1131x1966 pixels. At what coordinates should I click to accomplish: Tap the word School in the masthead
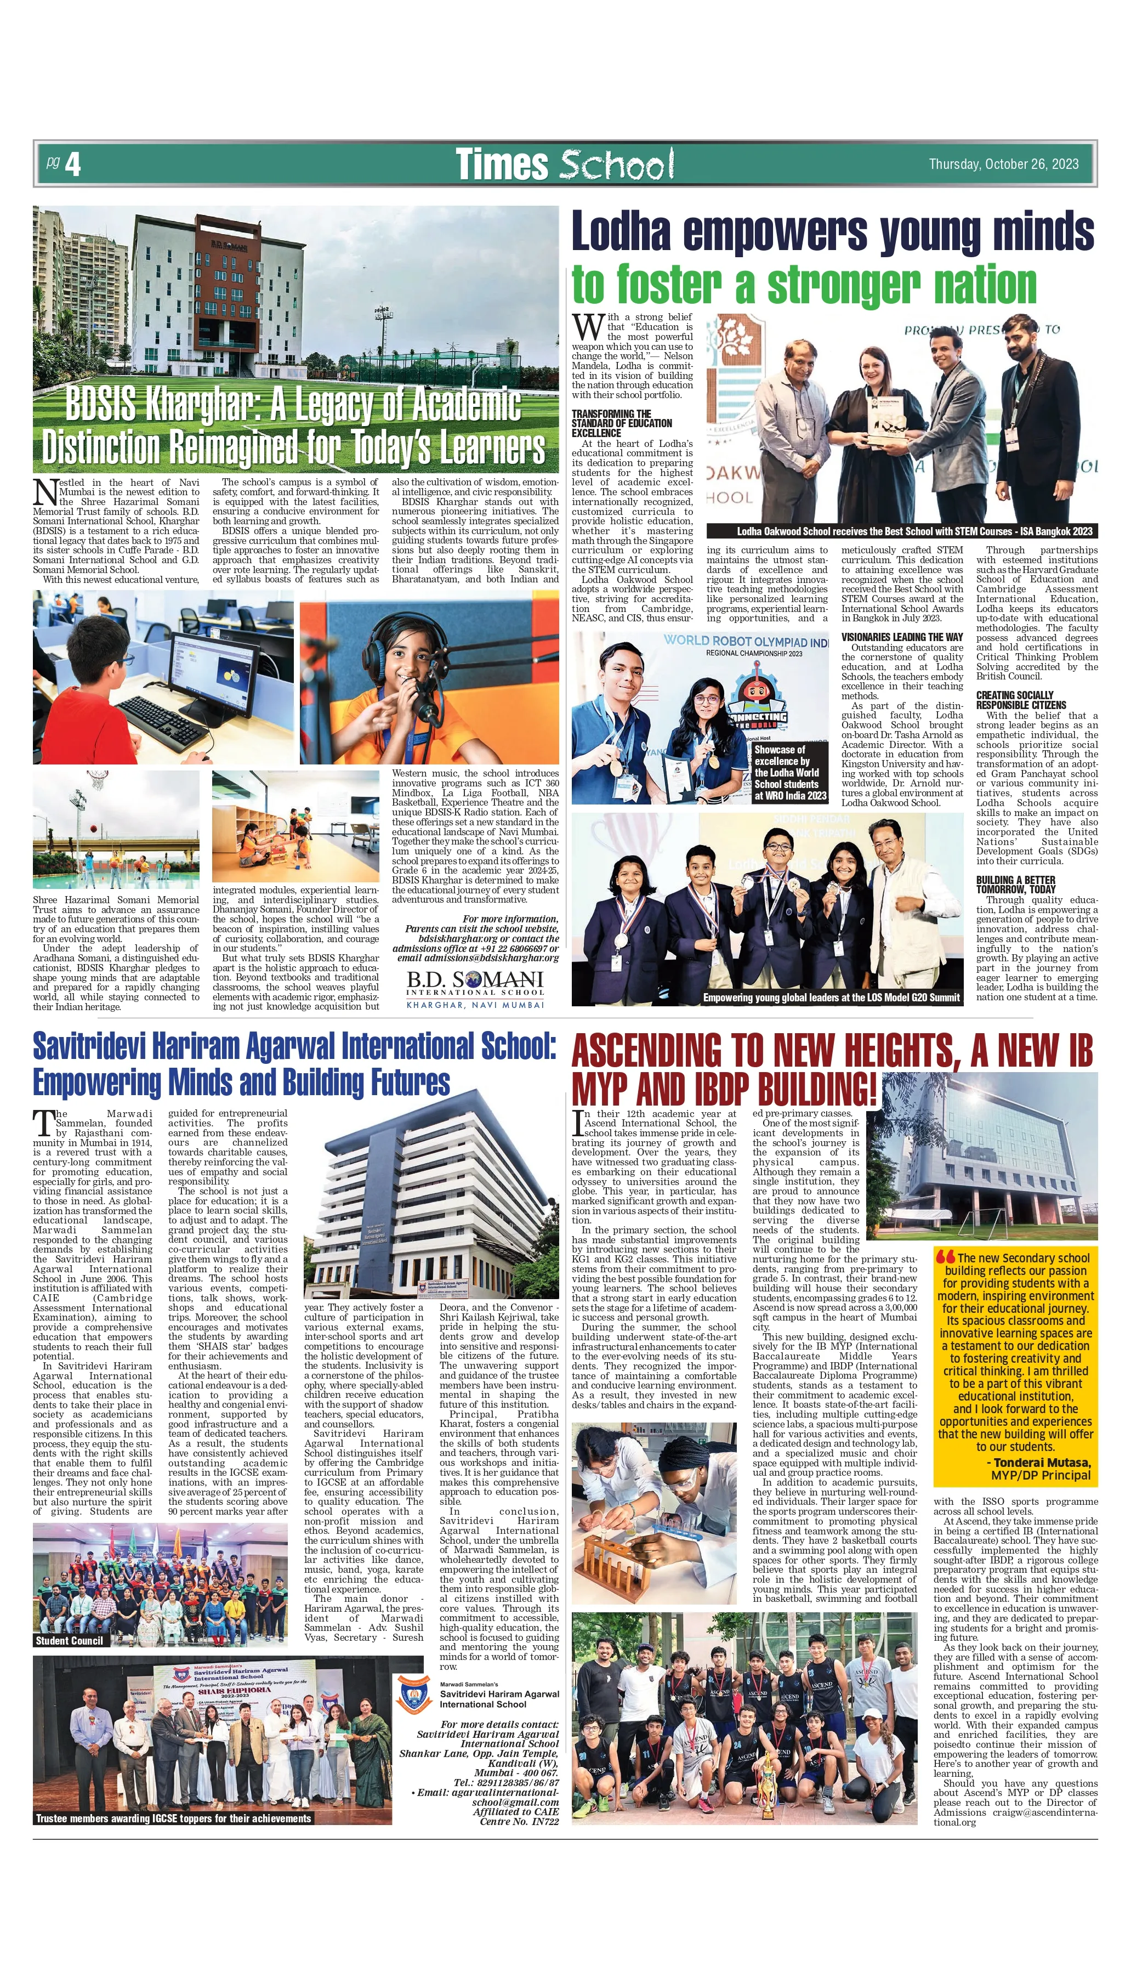click(616, 165)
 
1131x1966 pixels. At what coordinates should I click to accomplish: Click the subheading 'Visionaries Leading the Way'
click(902, 637)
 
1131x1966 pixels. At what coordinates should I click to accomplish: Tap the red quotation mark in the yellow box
click(945, 1255)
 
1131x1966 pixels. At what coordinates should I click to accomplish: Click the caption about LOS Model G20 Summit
click(831, 998)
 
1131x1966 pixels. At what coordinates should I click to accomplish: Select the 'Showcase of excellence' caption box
click(790, 772)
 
